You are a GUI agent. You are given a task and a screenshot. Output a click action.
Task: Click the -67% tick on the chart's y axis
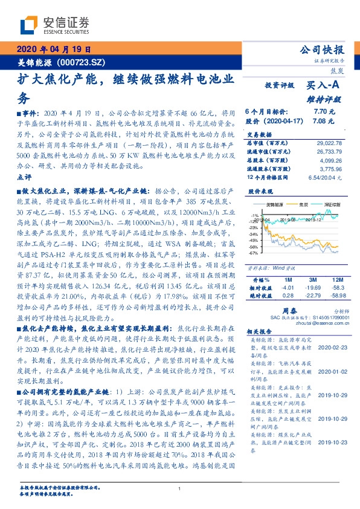point(254,253)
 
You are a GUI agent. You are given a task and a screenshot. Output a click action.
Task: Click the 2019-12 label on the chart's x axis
point(313,221)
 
